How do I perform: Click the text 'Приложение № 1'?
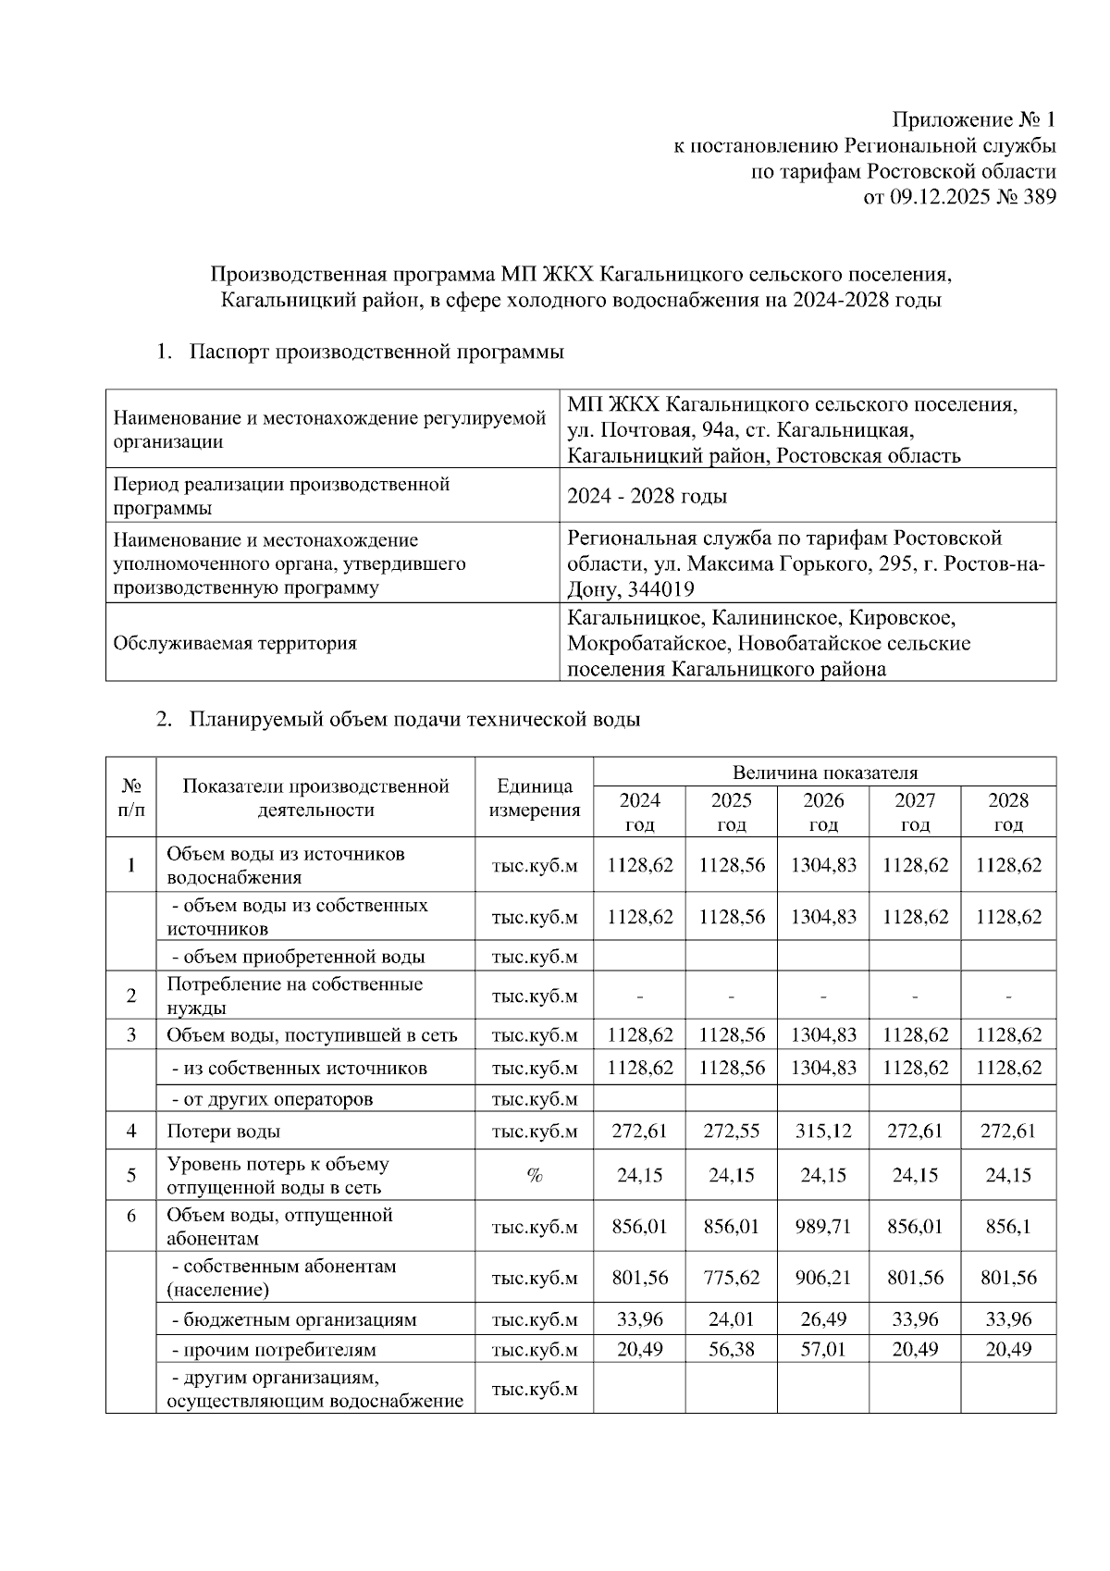pos(973,120)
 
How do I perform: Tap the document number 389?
pos(1039,197)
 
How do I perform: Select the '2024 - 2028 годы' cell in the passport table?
pos(647,496)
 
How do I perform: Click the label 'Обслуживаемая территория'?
pos(234,643)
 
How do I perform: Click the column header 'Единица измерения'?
pos(534,798)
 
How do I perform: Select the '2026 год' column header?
pos(822,811)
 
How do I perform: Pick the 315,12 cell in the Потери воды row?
pos(822,1131)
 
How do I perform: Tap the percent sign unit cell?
pos(534,1175)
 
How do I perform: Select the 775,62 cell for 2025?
pos(731,1278)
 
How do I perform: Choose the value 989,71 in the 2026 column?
pos(822,1227)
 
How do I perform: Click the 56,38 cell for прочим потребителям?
pos(731,1350)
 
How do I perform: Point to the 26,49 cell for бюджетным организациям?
pos(822,1319)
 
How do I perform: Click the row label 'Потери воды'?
pos(223,1131)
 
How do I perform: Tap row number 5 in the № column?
pos(131,1175)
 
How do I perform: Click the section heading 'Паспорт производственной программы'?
pos(376,353)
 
